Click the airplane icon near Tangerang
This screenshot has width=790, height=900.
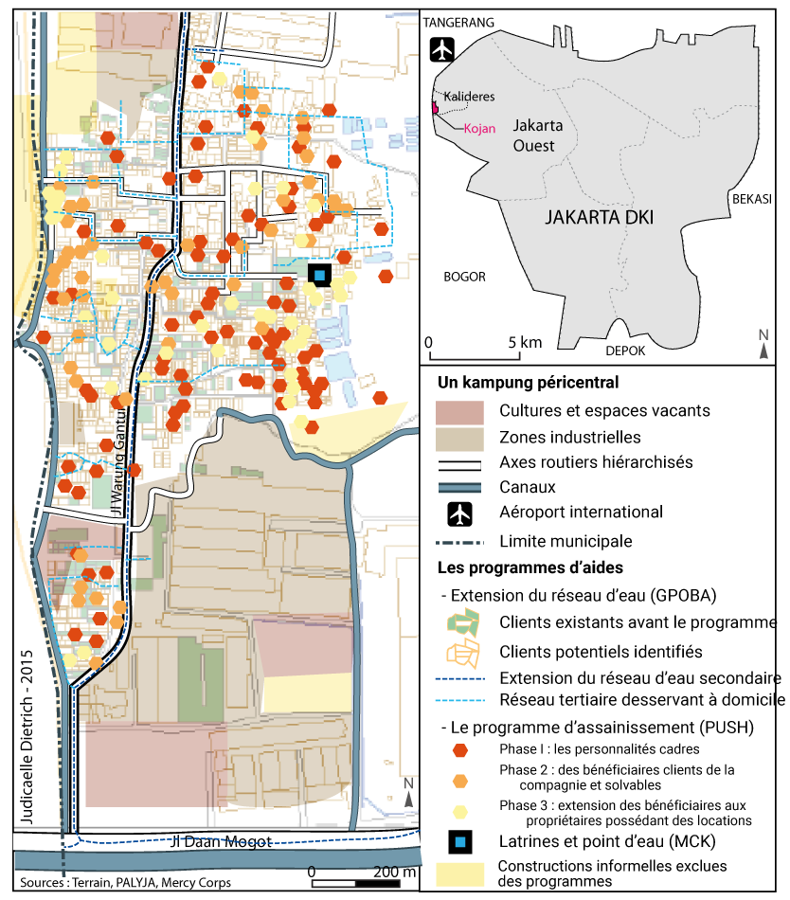(x=442, y=49)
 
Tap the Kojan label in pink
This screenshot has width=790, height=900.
(x=479, y=128)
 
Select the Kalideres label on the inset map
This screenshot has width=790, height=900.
(x=470, y=97)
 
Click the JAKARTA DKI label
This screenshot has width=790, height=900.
(x=600, y=217)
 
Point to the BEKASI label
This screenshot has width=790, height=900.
(x=751, y=199)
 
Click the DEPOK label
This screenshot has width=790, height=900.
(x=625, y=350)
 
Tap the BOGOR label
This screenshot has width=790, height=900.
(x=464, y=277)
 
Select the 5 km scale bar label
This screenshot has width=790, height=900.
(x=523, y=341)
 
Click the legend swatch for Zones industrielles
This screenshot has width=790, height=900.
(x=459, y=438)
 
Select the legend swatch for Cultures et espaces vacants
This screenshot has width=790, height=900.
(x=459, y=412)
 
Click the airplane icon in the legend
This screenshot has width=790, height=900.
(x=460, y=513)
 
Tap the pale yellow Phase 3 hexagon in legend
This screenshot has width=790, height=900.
(x=460, y=812)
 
